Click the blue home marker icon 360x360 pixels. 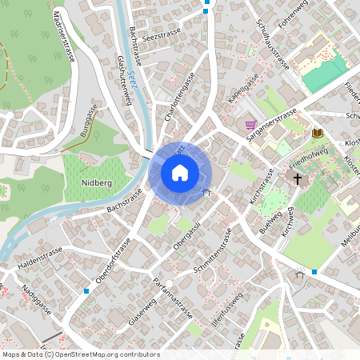(180, 172)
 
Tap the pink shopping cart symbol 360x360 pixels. (251, 126)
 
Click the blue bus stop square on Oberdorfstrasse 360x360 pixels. (86, 291)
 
